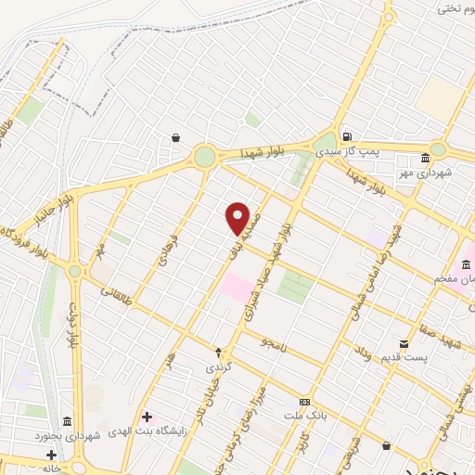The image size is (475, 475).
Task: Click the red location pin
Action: pyautogui.click(x=238, y=218)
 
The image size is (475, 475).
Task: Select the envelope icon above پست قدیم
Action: pyautogui.click(x=404, y=343)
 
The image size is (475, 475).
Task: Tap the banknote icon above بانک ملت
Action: pyautogui.click(x=303, y=402)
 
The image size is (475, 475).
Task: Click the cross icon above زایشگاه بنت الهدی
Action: pyautogui.click(x=147, y=416)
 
